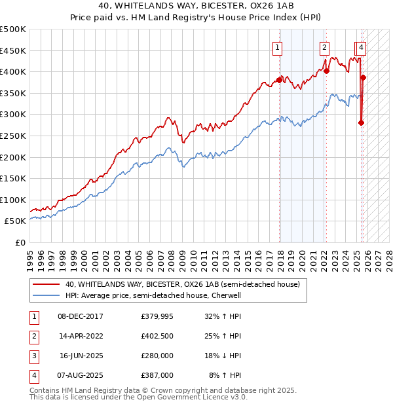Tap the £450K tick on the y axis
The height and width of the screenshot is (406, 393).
coord(13,50)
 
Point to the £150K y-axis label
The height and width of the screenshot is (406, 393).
coord(13,178)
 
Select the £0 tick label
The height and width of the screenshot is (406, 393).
coord(20,242)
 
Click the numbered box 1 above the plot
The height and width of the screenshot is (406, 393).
coord(278,47)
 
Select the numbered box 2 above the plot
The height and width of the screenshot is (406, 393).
coord(324,47)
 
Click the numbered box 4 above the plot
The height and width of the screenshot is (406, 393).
coord(362,47)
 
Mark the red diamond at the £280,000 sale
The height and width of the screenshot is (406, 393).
coord(361,122)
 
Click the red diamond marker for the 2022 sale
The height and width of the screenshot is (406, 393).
coord(326,71)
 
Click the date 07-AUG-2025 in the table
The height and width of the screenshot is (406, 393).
coord(81,376)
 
